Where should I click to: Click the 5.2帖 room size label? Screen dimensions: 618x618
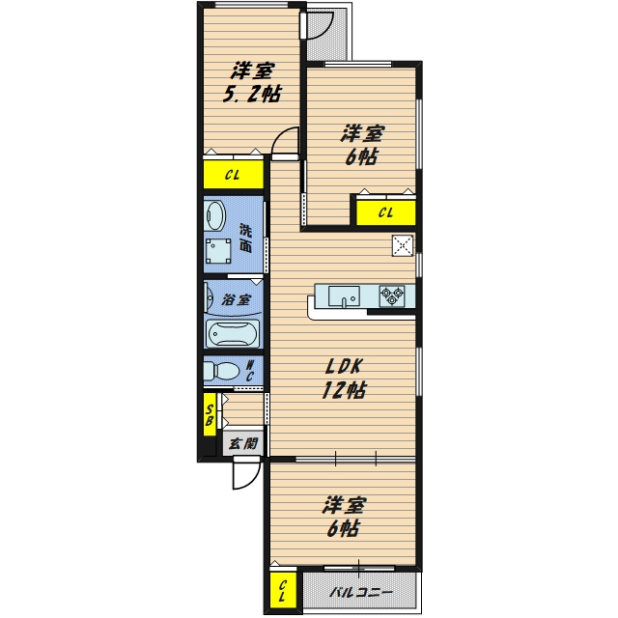252,95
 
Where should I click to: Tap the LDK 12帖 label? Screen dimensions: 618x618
344,379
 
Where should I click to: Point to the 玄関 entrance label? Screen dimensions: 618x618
243,444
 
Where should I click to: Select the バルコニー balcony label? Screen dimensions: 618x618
361,592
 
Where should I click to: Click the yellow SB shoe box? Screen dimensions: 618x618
210,414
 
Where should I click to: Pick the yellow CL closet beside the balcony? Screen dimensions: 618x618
283,591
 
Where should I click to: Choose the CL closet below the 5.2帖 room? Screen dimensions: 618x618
234,174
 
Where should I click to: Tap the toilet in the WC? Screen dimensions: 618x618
221,371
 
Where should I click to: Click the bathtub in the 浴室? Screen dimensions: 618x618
233,334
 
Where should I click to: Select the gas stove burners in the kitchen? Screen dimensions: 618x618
392,296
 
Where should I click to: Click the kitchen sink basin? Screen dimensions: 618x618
344,296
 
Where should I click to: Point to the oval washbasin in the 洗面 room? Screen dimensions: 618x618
215,215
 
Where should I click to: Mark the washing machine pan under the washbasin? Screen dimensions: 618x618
219,251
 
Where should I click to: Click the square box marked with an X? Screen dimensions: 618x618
403,245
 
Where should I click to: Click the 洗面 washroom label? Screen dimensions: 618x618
245,239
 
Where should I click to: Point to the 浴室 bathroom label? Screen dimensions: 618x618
236,300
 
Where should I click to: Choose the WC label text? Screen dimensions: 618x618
250,371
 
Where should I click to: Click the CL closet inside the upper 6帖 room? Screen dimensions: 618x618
386,212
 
